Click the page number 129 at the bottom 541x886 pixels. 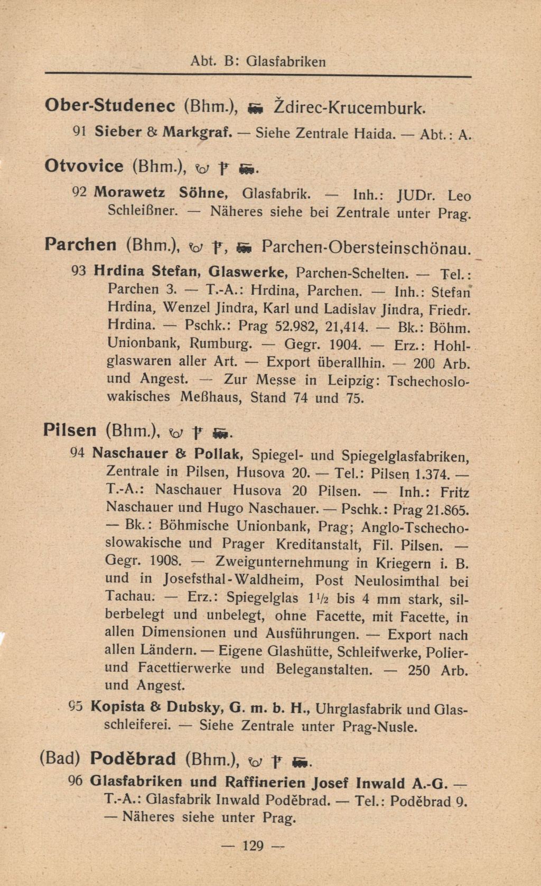tap(253, 846)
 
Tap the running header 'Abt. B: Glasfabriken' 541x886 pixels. tap(258, 62)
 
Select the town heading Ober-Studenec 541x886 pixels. tap(110, 106)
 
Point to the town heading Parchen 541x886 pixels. tap(81, 245)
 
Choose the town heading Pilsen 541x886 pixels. tap(70, 430)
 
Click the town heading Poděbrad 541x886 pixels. tap(133, 759)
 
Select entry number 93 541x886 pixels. tap(78, 271)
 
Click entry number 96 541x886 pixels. tap(76, 781)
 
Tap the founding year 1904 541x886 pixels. tap(345, 345)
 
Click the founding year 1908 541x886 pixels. tap(165, 560)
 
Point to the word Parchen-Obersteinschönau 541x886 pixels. tap(365, 247)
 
